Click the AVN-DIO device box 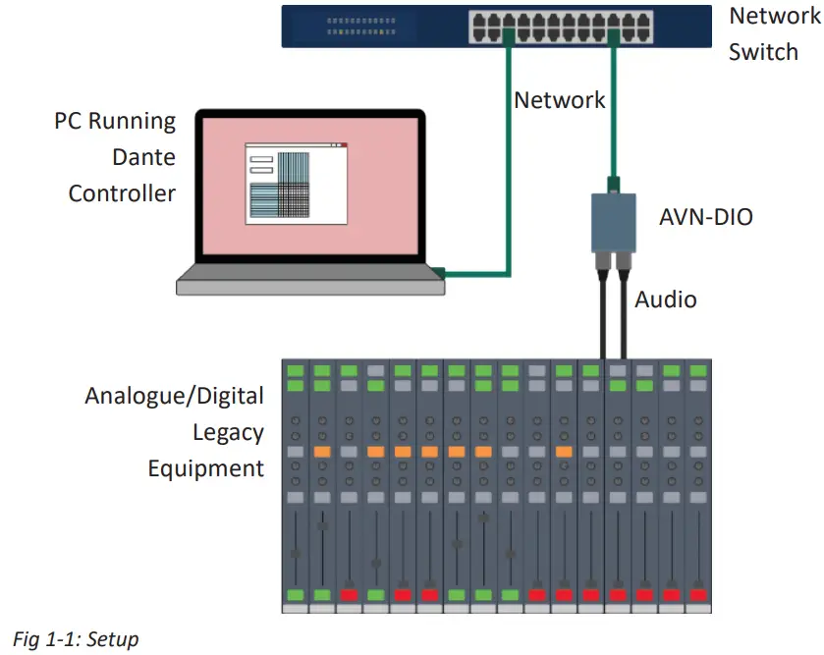[614, 222]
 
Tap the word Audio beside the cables [666, 300]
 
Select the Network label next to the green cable [560, 99]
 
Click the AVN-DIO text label [706, 217]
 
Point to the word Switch [763, 51]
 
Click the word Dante [143, 157]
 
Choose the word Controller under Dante [122, 192]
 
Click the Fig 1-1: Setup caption [77, 639]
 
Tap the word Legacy [228, 432]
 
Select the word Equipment [206, 468]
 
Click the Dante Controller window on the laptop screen [296, 184]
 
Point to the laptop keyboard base [310, 284]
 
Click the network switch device [496, 27]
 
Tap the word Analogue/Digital [175, 396]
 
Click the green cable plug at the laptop [438, 271]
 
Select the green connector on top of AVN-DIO [613, 183]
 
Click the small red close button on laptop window [344, 145]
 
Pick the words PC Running [115, 122]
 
